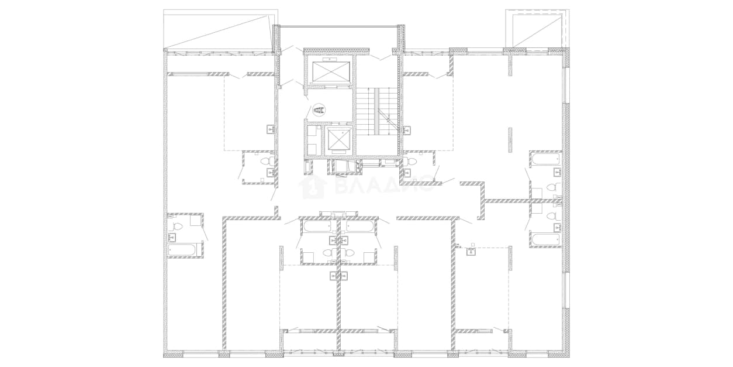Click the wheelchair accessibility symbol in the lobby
(319, 110)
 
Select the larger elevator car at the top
(331, 71)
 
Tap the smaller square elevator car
(338, 139)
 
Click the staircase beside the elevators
(376, 111)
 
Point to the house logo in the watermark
(314, 187)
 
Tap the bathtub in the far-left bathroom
(182, 251)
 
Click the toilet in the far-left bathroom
(177, 226)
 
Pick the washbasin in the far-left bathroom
(172, 237)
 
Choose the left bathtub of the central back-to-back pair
(317, 227)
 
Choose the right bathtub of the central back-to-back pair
(359, 227)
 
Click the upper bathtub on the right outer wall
(546, 160)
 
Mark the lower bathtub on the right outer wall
(546, 239)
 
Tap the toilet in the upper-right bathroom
(552, 188)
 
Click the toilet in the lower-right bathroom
(552, 216)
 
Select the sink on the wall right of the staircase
(407, 131)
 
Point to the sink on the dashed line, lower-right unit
(471, 252)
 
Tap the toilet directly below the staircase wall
(410, 161)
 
